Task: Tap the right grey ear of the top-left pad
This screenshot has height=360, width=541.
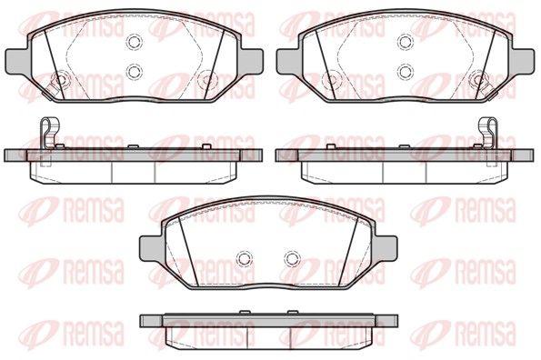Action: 251,61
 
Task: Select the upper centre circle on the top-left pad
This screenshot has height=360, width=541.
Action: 135,42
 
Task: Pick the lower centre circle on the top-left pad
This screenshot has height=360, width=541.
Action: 135,72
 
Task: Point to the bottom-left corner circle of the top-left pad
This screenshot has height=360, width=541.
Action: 61,80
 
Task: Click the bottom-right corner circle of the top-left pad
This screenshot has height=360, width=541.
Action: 207,80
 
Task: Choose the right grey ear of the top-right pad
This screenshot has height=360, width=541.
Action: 523,61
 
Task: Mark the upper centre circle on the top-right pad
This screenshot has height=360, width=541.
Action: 406,42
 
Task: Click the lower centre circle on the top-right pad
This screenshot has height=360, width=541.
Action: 406,72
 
